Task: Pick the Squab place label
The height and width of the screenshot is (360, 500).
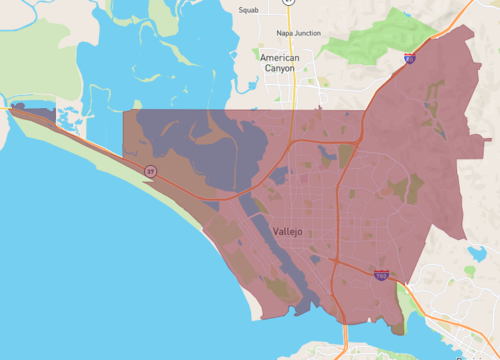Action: (x=248, y=10)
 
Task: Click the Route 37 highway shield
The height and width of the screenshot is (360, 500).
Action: (x=149, y=171)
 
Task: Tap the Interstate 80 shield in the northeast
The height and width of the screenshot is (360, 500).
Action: (x=410, y=60)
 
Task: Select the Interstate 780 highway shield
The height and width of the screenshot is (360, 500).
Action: (x=381, y=274)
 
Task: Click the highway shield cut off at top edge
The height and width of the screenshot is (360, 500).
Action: (x=288, y=3)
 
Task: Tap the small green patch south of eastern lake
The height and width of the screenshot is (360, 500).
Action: (x=470, y=270)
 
